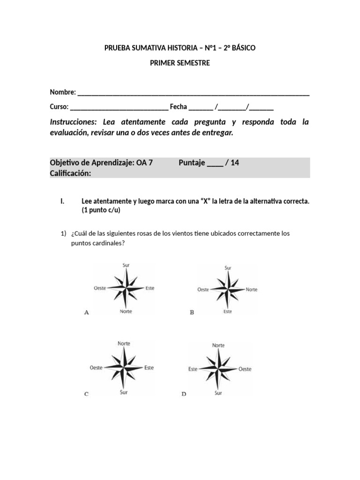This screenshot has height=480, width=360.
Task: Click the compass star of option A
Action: [125, 288]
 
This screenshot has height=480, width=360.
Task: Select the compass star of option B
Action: [227, 289]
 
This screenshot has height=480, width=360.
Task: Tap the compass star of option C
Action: [124, 367]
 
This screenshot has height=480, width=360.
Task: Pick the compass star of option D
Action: [218, 368]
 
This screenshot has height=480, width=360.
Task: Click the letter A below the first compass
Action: [86, 313]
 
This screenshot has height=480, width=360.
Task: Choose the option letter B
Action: [192, 312]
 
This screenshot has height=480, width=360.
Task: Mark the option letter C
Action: [86, 394]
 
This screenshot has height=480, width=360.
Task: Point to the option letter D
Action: [184, 394]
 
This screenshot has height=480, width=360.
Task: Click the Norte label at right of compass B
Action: [252, 290]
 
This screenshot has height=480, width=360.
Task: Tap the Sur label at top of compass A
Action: [126, 265]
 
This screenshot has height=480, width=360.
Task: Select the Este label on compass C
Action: [149, 367]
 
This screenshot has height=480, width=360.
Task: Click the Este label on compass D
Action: [193, 369]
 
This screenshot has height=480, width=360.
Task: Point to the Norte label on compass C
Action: [124, 344]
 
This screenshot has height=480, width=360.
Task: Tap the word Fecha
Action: [178, 107]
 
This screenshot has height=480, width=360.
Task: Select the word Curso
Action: [59, 107]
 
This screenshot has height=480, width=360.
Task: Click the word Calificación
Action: [70, 173]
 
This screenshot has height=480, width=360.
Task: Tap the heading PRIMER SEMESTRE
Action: [180, 63]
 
